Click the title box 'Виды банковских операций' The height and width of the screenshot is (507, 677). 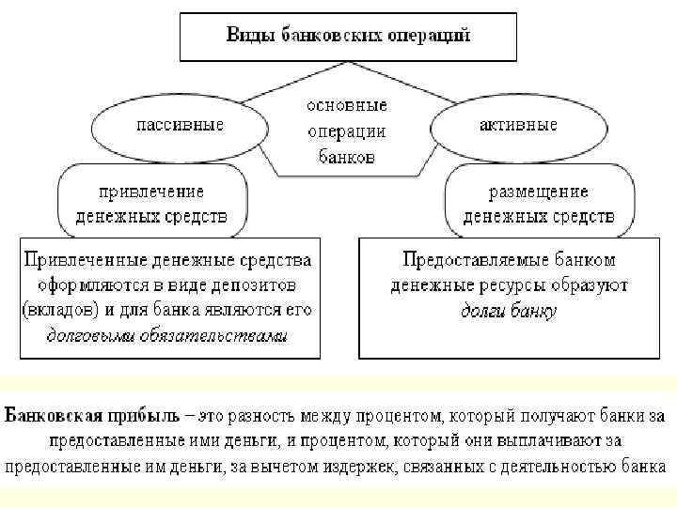348,38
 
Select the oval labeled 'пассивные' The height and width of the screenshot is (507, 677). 179,125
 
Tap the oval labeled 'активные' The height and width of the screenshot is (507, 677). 517,125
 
